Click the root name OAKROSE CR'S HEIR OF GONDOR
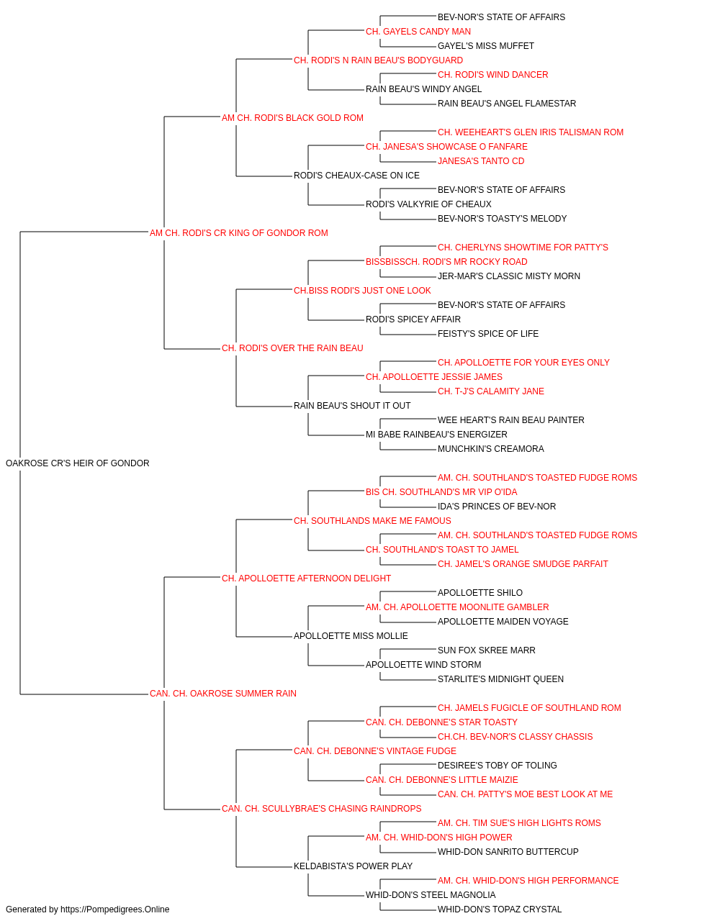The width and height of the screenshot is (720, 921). [x=78, y=463]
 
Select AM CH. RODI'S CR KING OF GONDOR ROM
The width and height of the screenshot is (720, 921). [x=239, y=233]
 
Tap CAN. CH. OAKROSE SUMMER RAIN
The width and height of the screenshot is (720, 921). [x=223, y=694]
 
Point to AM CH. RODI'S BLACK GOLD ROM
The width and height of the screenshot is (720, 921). [x=292, y=118]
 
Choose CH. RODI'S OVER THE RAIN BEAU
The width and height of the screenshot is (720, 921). [x=292, y=348]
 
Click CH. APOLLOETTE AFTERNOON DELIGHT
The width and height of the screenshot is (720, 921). [x=306, y=578]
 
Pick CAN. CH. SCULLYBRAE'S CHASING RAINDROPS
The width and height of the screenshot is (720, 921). [x=321, y=808]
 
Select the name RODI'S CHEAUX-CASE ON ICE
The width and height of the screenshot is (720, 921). [x=356, y=176]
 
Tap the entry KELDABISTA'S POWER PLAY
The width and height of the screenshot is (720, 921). [x=354, y=866]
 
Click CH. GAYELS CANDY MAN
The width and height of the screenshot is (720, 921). [x=418, y=32]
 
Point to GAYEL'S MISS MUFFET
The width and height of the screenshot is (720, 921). [x=486, y=46]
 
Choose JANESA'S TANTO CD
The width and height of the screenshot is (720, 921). [x=481, y=161]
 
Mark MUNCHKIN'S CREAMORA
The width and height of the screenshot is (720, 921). [x=490, y=449]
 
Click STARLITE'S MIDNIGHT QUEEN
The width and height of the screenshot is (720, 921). [x=501, y=679]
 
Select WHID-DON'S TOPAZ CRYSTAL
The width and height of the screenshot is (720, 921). [x=500, y=909]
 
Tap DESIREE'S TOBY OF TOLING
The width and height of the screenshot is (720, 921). [x=498, y=765]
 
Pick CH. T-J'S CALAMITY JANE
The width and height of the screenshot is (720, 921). [x=491, y=391]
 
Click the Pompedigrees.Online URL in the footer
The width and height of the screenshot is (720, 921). [x=115, y=909]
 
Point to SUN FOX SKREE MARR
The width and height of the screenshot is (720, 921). [x=487, y=650]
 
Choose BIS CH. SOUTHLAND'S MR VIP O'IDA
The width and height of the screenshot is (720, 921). [x=441, y=492]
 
